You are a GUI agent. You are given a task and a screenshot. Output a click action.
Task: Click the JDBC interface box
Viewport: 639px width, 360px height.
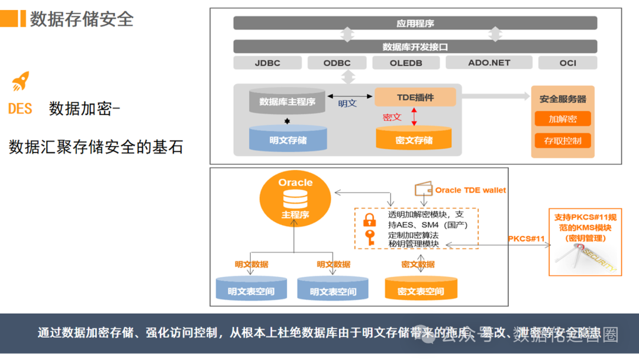(x=267, y=63)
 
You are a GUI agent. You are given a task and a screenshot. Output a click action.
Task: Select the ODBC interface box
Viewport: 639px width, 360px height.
(x=337, y=63)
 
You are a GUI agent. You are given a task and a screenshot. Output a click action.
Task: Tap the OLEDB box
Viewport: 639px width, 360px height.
(x=406, y=63)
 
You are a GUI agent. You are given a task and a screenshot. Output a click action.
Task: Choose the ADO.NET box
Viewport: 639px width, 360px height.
(x=489, y=62)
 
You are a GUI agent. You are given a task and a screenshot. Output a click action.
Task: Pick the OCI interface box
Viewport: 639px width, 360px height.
(x=567, y=63)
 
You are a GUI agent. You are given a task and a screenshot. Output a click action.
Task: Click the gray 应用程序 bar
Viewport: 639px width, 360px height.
(x=415, y=23)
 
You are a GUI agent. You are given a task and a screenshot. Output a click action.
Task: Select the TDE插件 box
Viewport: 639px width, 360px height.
(x=415, y=97)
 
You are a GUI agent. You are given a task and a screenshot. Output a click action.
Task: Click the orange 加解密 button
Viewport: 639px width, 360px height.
(x=562, y=119)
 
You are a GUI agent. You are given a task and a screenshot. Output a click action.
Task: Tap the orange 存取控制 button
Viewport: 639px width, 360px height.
(x=562, y=141)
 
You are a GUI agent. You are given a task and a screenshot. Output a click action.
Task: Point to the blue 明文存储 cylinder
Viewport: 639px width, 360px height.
(x=288, y=139)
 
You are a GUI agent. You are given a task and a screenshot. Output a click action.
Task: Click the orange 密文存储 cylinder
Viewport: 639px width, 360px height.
(x=414, y=139)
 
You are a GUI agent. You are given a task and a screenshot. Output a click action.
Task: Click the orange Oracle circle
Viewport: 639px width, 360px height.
(x=295, y=198)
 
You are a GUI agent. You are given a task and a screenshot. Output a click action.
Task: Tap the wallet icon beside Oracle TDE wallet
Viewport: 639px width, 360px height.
(x=423, y=189)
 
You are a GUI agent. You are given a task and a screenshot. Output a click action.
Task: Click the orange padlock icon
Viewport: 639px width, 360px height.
(x=369, y=220)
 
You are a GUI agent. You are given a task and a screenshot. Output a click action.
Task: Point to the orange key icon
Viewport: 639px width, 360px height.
(x=370, y=237)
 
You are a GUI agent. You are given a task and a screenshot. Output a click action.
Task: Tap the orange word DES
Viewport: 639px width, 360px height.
(x=20, y=109)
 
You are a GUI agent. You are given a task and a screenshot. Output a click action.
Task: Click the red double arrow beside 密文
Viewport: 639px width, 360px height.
(x=414, y=116)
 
